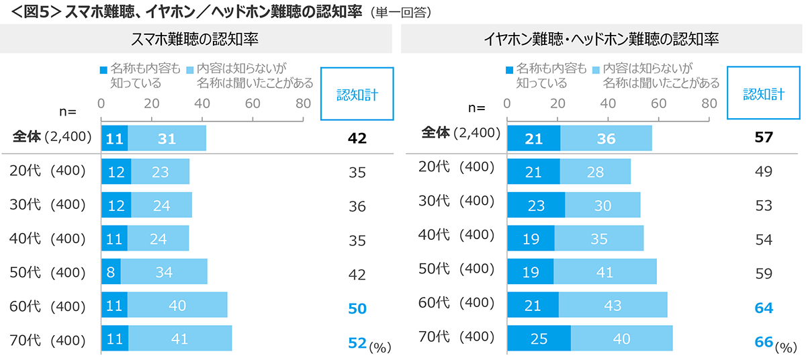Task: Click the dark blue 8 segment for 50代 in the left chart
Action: pos(111,273)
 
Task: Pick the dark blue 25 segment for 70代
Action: pos(539,339)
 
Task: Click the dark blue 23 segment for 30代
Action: pos(536,205)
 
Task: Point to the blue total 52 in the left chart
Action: pos(357,343)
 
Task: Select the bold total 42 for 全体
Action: pos(357,138)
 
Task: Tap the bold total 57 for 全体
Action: pos(764,138)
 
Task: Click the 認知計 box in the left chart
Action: pos(357,94)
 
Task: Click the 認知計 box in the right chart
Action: pos(764,94)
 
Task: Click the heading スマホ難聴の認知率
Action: pos(195,40)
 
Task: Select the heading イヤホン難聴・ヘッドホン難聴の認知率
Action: pos(601,40)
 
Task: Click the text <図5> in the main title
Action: pos(32,11)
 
